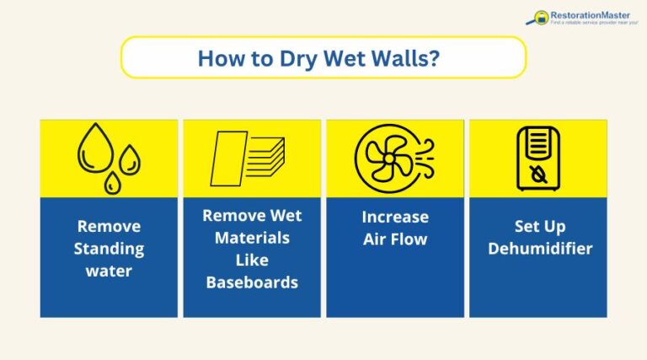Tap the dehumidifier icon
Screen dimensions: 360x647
pos(537,158)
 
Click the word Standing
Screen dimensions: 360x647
pos(109,249)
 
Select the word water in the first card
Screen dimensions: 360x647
pos(109,271)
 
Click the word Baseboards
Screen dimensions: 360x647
pos(252,282)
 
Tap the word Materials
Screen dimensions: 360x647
pos(252,238)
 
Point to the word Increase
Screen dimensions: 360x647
pos(395,217)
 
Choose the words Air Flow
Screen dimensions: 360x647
pos(395,239)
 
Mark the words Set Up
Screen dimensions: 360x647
pos(538,226)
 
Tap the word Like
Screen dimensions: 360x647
pos(252,260)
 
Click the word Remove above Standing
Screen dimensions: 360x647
pos(109,226)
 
